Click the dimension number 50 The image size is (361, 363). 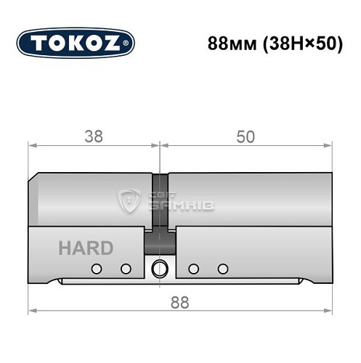pyautogui.click(x=245, y=137)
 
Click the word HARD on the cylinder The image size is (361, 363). pyautogui.click(x=86, y=248)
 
